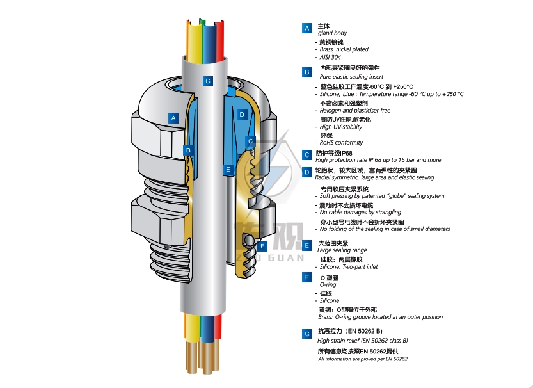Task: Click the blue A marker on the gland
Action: pyautogui.click(x=173, y=118)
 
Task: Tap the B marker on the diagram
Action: pyautogui.click(x=188, y=150)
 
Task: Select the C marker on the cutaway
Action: pyautogui.click(x=251, y=141)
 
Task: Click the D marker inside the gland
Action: pyautogui.click(x=242, y=115)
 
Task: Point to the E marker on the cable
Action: pyautogui.click(x=228, y=170)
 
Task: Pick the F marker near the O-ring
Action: pyautogui.click(x=262, y=247)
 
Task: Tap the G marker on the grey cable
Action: pyautogui.click(x=207, y=81)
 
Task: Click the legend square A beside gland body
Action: pyautogui.click(x=307, y=28)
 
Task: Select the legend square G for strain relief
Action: pyautogui.click(x=307, y=334)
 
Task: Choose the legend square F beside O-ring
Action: pyautogui.click(x=307, y=277)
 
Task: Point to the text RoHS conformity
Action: pyautogui.click(x=341, y=143)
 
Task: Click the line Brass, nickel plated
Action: pyautogui.click(x=344, y=49)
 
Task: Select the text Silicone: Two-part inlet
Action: pyautogui.click(x=349, y=267)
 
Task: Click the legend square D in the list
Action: pyautogui.click(x=307, y=172)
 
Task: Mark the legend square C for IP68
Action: pyautogui.click(x=307, y=154)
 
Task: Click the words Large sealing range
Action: pyautogui.click(x=342, y=250)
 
